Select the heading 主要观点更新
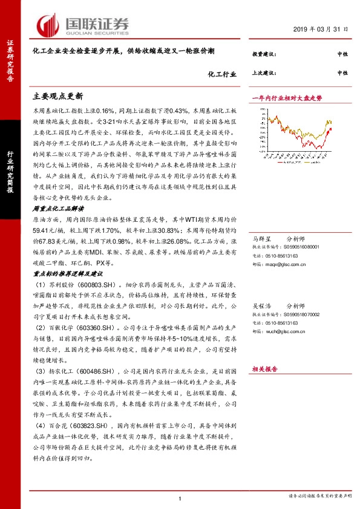(57, 96)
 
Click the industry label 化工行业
(220, 75)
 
